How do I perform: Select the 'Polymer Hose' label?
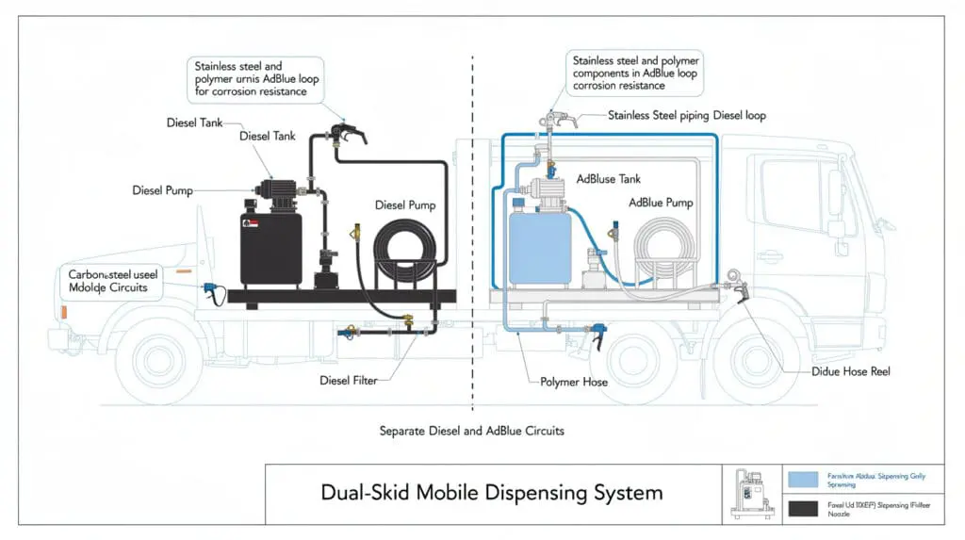[x=574, y=382]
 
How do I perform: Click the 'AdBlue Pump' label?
[x=661, y=203]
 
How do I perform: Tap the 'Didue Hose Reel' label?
[x=851, y=371]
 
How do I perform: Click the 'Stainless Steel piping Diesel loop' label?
[x=686, y=116]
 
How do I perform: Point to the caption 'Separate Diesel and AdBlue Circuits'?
[x=471, y=431]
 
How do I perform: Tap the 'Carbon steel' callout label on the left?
[x=107, y=280]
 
